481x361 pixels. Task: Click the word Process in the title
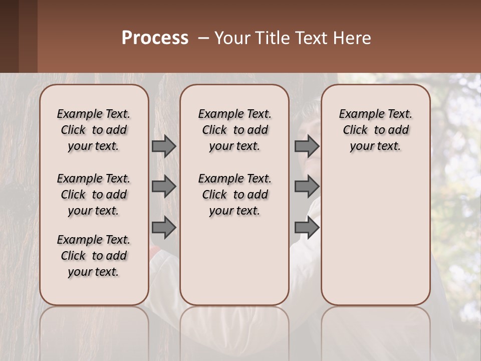pyautogui.click(x=155, y=38)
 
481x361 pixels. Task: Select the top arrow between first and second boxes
pyautogui.click(x=164, y=146)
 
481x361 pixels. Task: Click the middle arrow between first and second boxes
pyautogui.click(x=164, y=187)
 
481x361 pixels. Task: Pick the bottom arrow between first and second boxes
pyautogui.click(x=164, y=228)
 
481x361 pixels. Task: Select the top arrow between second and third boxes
pyautogui.click(x=307, y=146)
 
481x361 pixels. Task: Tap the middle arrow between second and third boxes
pyautogui.click(x=307, y=187)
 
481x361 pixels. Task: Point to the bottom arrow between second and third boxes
pyautogui.click(x=307, y=228)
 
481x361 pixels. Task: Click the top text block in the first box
pyautogui.click(x=94, y=130)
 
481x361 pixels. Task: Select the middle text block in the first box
pyautogui.click(x=94, y=195)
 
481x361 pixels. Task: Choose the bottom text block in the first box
pyautogui.click(x=94, y=256)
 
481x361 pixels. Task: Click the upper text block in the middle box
pyautogui.click(x=234, y=130)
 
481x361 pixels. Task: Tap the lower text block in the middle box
pyautogui.click(x=234, y=195)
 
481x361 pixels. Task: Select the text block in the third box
pyautogui.click(x=375, y=130)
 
